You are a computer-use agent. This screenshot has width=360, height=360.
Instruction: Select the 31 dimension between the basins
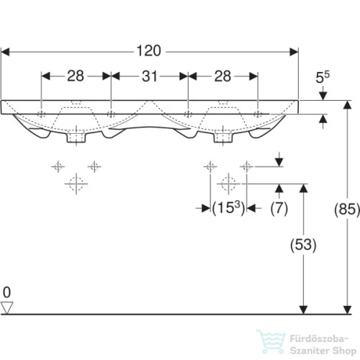(149, 76)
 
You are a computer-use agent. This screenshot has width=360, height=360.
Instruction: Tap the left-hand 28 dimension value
(76, 76)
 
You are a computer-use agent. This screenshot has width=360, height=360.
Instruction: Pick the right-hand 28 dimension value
(223, 76)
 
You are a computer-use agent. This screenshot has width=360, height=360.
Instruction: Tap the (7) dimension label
(279, 209)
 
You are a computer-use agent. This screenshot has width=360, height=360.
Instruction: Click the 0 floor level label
(7, 292)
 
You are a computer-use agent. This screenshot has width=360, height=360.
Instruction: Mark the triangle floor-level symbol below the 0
(8, 307)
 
